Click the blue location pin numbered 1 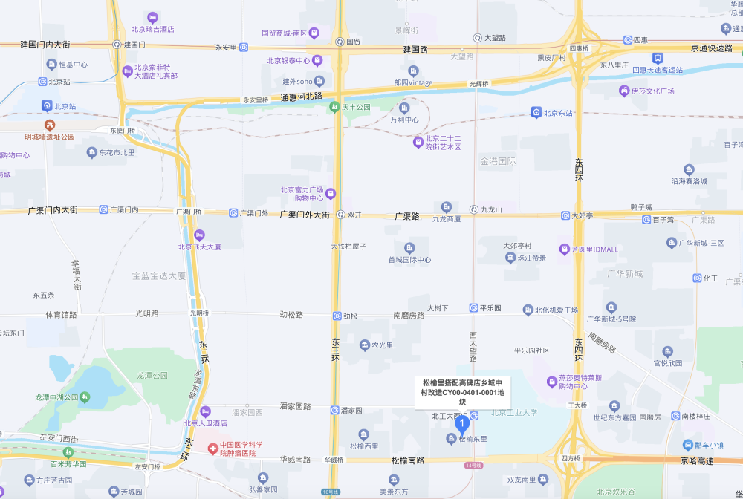[x=462, y=424]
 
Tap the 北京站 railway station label [x=64, y=106]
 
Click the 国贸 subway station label [x=354, y=42]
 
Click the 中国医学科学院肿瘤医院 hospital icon [x=212, y=449]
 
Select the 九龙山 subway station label [x=491, y=210]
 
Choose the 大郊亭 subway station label [x=582, y=215]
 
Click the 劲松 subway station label [x=350, y=316]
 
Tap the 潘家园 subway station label [x=351, y=410]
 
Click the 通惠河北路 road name [x=302, y=97]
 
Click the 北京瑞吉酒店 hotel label [x=152, y=30]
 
